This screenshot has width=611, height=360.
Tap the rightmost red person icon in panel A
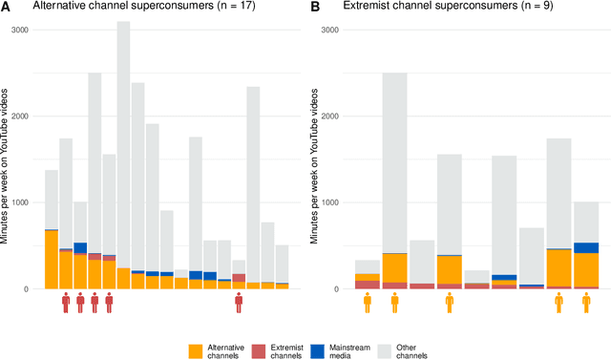(x=239, y=303)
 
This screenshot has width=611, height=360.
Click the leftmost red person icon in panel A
(x=66, y=303)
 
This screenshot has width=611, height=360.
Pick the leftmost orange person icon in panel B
(x=368, y=303)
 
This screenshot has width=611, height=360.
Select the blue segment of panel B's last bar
(x=586, y=247)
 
